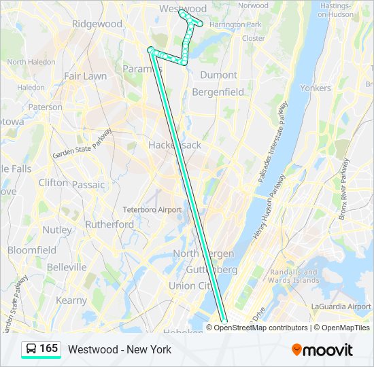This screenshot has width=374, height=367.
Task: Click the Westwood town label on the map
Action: pyautogui.click(x=182, y=9)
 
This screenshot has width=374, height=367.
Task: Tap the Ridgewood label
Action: pyautogui.click(x=97, y=24)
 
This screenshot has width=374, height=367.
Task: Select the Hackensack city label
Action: pyautogui.click(x=174, y=145)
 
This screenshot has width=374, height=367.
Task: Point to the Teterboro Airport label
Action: pyautogui.click(x=152, y=209)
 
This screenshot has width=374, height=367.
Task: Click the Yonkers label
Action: pyautogui.click(x=316, y=88)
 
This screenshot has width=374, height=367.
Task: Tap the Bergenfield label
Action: pyautogui.click(x=218, y=91)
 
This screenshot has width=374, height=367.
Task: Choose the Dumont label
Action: pyautogui.click(x=218, y=75)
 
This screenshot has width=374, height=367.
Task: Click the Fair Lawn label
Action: pyautogui.click(x=85, y=76)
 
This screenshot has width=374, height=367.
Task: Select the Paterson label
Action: pyautogui.click(x=46, y=107)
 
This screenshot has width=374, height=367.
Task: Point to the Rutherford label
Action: pyautogui.click(x=109, y=224)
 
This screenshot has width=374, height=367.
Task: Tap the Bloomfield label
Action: pyautogui.click(x=32, y=250)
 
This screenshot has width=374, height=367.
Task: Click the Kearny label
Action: pyautogui.click(x=71, y=300)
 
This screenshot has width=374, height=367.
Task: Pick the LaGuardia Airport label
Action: pyautogui.click(x=340, y=307)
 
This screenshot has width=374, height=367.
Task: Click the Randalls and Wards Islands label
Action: pyautogui.click(x=293, y=275)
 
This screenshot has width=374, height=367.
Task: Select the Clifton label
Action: pyautogui.click(x=53, y=183)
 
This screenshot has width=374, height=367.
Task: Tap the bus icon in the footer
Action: pyautogui.click(x=31, y=349)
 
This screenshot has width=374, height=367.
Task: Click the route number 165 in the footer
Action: pyautogui.click(x=49, y=349)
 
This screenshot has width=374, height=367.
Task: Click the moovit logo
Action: pyautogui.click(x=322, y=350)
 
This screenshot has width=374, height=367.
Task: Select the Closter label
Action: pyautogui.click(x=254, y=38)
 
